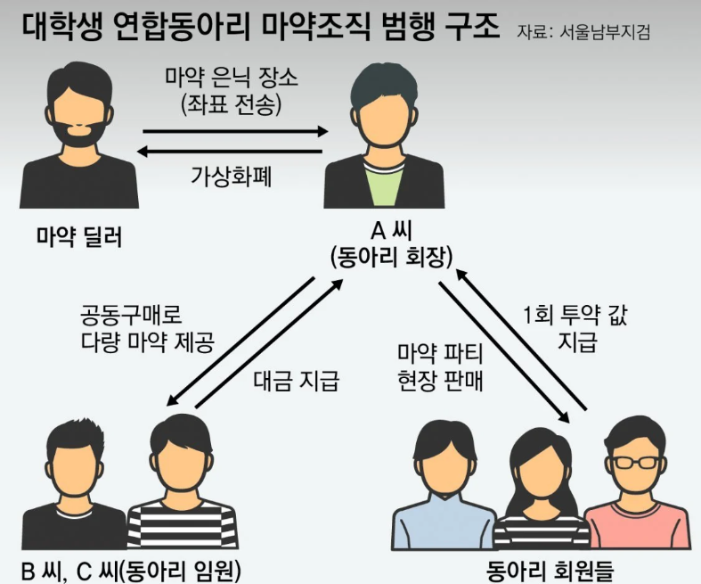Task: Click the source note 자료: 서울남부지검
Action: coord(583,31)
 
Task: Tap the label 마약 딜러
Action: coord(78,237)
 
